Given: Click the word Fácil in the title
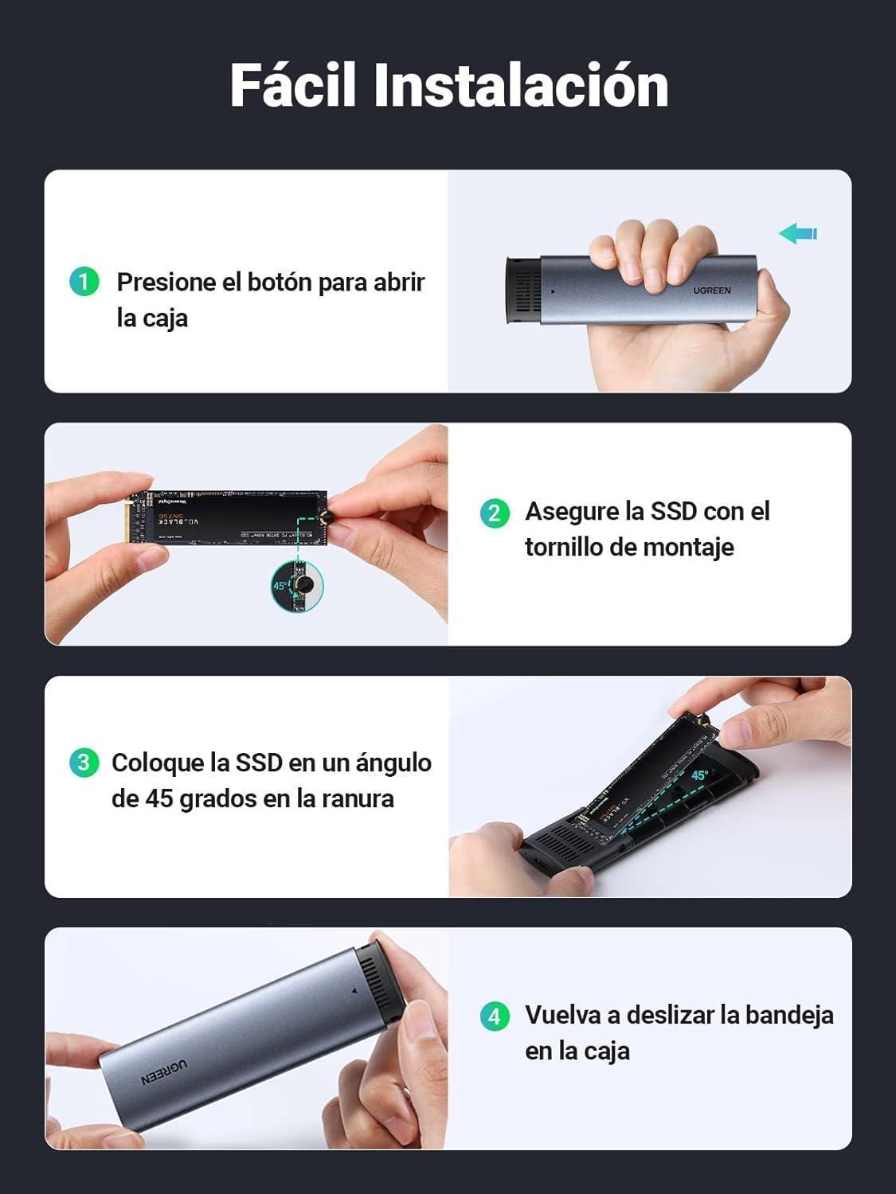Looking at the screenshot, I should [292, 85].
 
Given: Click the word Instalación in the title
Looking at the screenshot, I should [521, 85].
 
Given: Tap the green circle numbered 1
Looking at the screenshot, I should [84, 282].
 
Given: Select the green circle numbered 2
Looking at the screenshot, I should [495, 512].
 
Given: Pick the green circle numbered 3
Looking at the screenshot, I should [84, 763].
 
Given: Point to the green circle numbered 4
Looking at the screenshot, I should [495, 1016].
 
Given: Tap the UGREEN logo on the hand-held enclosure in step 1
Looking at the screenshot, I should [711, 291].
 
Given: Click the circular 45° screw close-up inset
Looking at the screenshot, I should [297, 587].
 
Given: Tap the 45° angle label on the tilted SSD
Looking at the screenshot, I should [699, 775].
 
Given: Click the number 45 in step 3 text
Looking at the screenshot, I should [158, 798].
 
